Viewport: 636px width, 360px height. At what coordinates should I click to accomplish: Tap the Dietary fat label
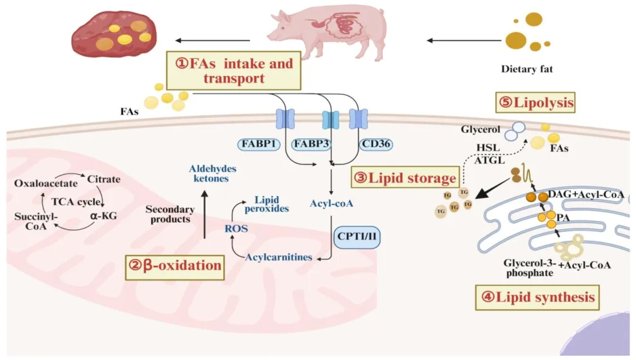point(527,69)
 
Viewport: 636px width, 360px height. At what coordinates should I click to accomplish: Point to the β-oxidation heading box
point(175,265)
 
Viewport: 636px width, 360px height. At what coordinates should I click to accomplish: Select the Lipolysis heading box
point(534,104)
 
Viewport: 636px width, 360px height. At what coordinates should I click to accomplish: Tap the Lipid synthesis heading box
point(537,297)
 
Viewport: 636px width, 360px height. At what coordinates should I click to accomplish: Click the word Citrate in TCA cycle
point(104,177)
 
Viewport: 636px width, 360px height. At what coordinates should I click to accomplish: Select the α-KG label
point(104,216)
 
